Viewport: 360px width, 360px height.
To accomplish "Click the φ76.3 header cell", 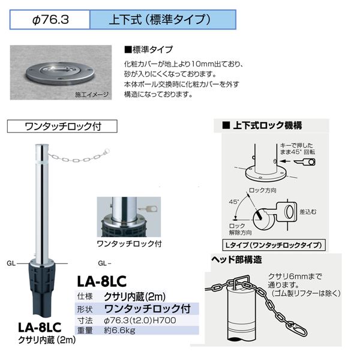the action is coord(50,20).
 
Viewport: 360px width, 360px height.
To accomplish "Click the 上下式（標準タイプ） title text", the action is coord(160,20).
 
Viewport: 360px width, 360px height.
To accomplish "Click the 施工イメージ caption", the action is coord(92,95).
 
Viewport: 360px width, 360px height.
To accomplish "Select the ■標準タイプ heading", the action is coord(148,50).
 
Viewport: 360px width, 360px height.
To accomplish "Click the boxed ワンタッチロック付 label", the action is coord(62,126).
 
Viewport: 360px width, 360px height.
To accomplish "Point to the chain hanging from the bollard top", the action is coord(79,156).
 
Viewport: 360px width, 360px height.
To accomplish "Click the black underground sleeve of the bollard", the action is coord(41,289).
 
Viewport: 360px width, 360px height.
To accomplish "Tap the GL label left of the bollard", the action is coord(11,263).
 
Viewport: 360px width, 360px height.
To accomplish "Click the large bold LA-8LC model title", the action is coord(102,281).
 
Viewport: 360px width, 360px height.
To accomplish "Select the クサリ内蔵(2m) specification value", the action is coord(135,297).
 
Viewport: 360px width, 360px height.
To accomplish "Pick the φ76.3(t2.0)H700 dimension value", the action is coord(140,320).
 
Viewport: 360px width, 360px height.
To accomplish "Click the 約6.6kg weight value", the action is coord(119,331).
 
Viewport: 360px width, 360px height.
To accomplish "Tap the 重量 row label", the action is coord(85,331).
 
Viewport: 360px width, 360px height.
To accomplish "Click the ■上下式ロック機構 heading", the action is coord(262,125).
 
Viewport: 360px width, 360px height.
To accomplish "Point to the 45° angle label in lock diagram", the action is coord(234,202).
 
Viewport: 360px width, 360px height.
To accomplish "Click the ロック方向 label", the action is coord(263,190).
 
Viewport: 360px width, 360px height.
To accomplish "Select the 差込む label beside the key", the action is coord(308,212).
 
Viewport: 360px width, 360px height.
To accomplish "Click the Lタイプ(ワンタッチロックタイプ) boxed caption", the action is coord(274,245).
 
